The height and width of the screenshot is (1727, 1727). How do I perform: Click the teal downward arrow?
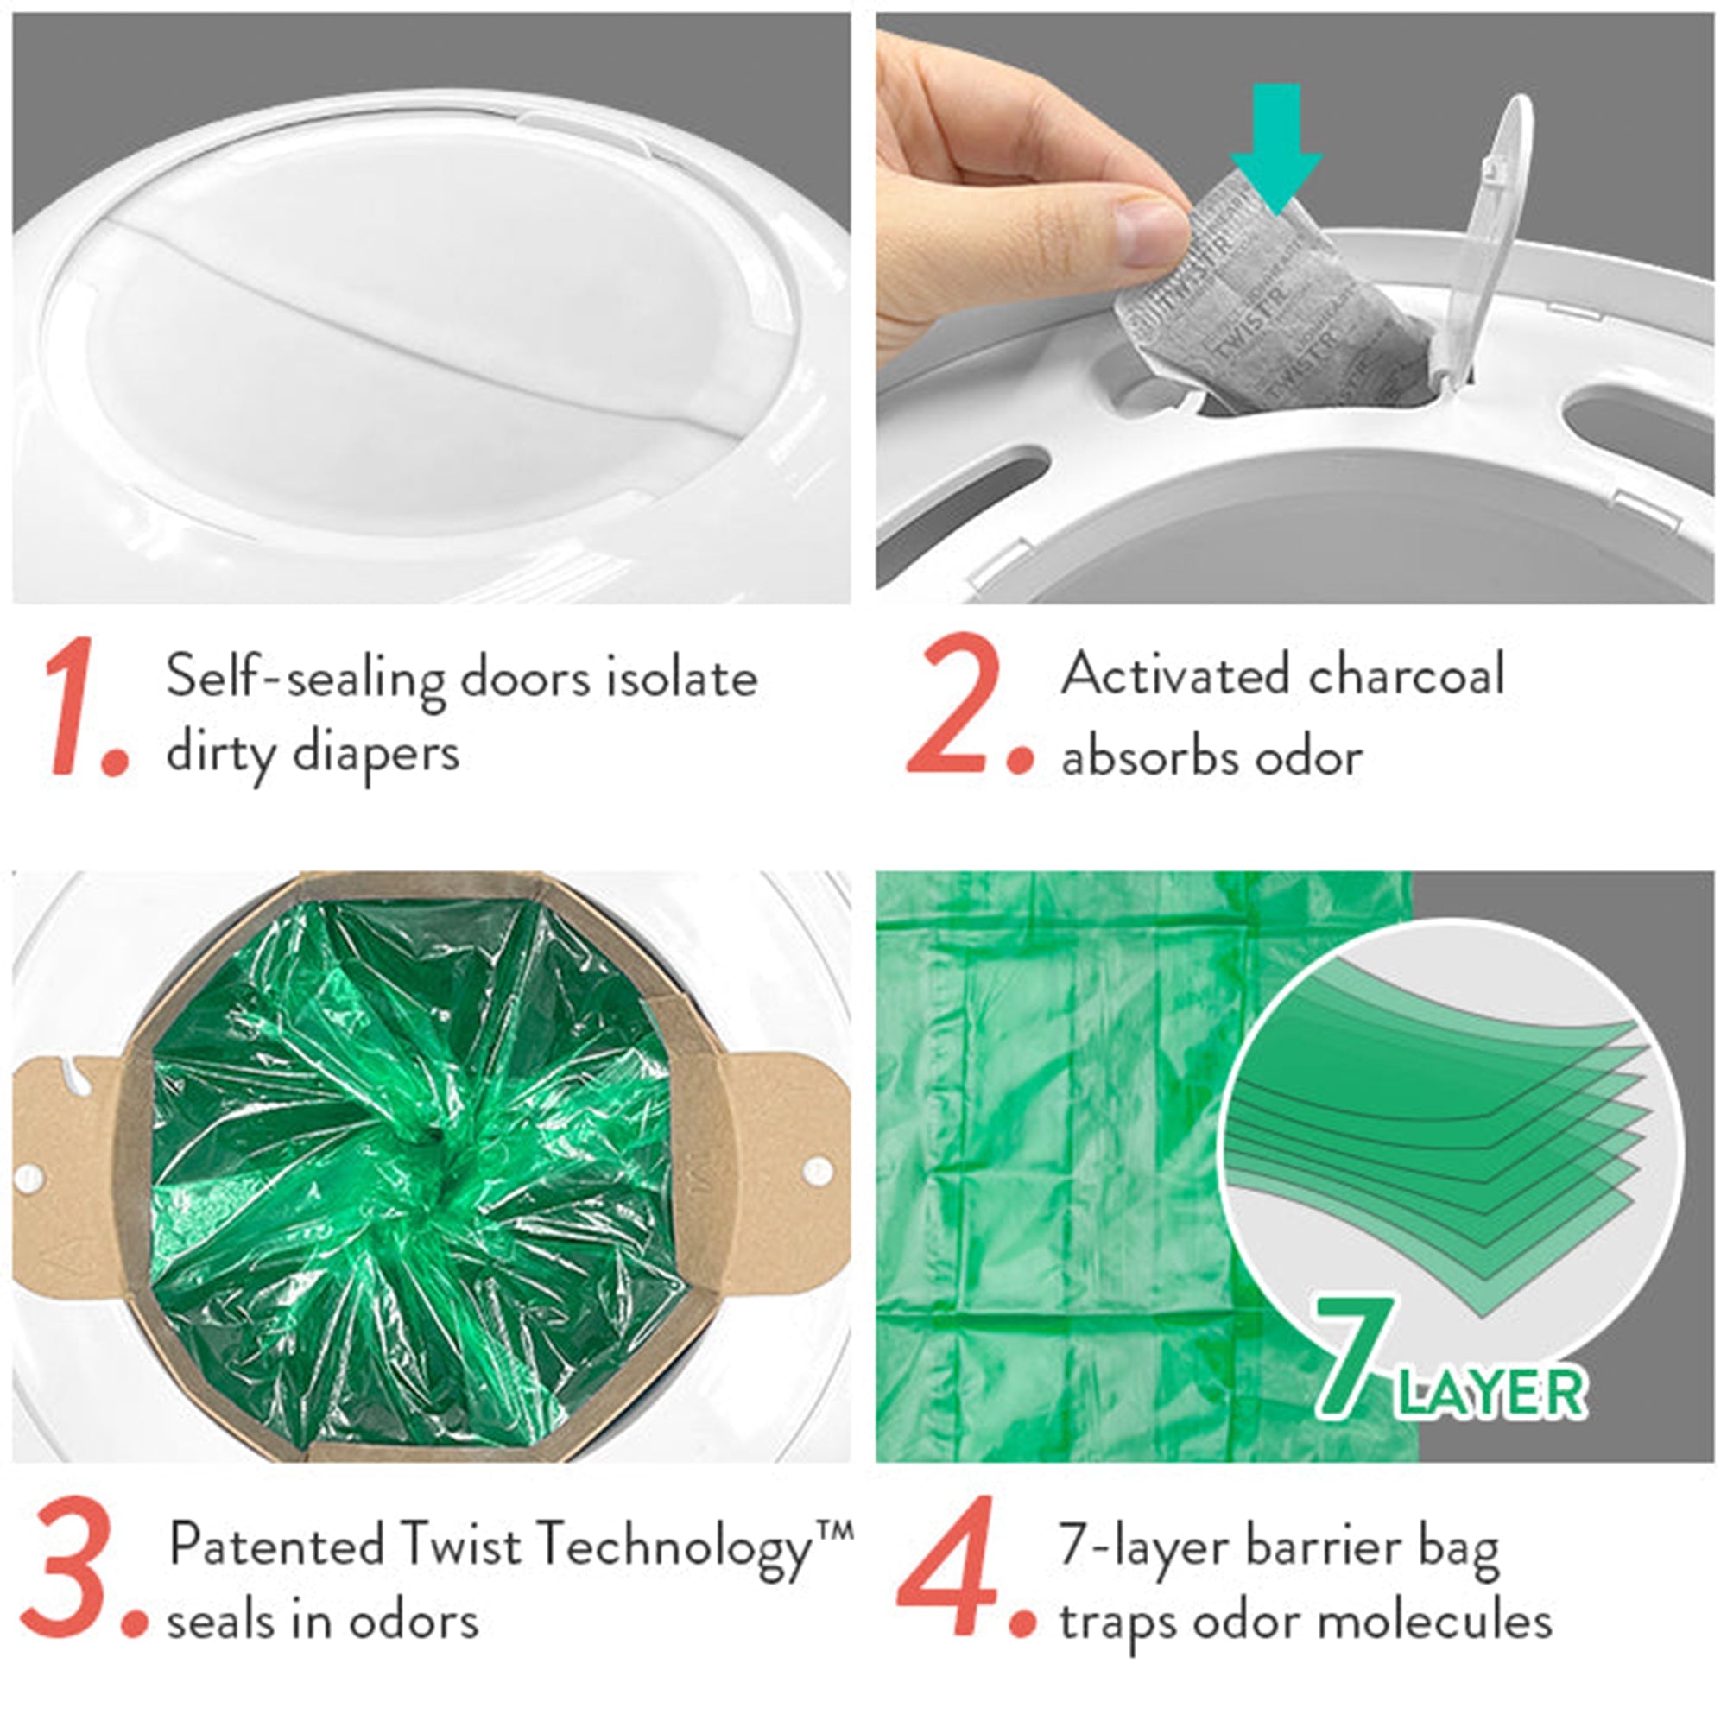pos(1275,148)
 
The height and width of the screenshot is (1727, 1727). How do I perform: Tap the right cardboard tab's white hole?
pos(816,1169)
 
